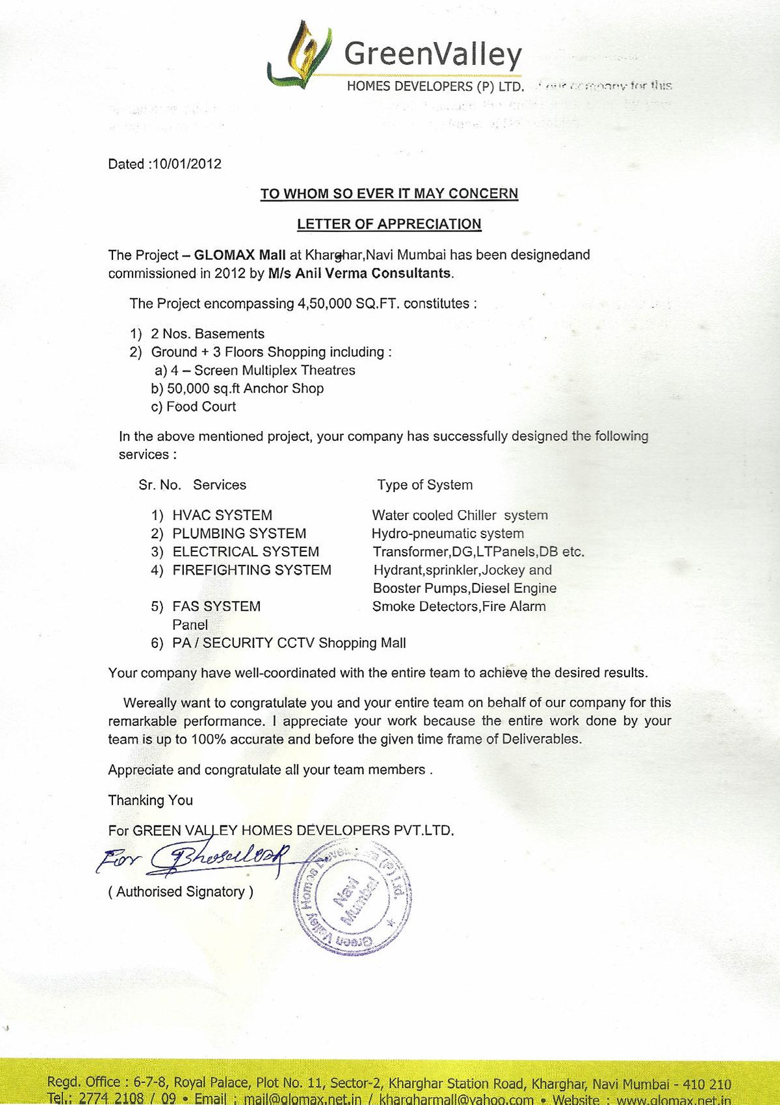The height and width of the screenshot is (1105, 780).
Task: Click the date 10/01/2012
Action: (x=186, y=164)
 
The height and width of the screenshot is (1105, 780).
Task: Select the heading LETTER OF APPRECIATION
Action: (x=389, y=224)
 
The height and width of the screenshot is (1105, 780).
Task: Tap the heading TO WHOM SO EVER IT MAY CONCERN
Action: (x=389, y=194)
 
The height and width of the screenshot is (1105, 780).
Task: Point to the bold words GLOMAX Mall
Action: (x=240, y=255)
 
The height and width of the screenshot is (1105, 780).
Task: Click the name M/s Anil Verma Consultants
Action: (x=359, y=273)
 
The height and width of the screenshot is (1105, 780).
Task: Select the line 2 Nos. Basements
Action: (x=207, y=334)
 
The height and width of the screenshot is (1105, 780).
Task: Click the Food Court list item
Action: (x=201, y=407)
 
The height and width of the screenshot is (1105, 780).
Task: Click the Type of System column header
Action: (x=424, y=485)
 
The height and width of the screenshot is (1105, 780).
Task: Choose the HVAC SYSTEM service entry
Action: (x=222, y=515)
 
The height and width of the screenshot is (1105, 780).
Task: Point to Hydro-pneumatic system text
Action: (x=447, y=534)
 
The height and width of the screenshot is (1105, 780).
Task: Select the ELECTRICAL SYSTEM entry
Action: (x=246, y=552)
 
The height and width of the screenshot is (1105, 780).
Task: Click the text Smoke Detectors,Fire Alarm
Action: (x=459, y=606)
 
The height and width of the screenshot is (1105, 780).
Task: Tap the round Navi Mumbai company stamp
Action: (x=353, y=900)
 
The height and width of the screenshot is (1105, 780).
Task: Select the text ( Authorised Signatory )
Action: (x=181, y=892)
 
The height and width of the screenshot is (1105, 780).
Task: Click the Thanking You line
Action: (x=150, y=800)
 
